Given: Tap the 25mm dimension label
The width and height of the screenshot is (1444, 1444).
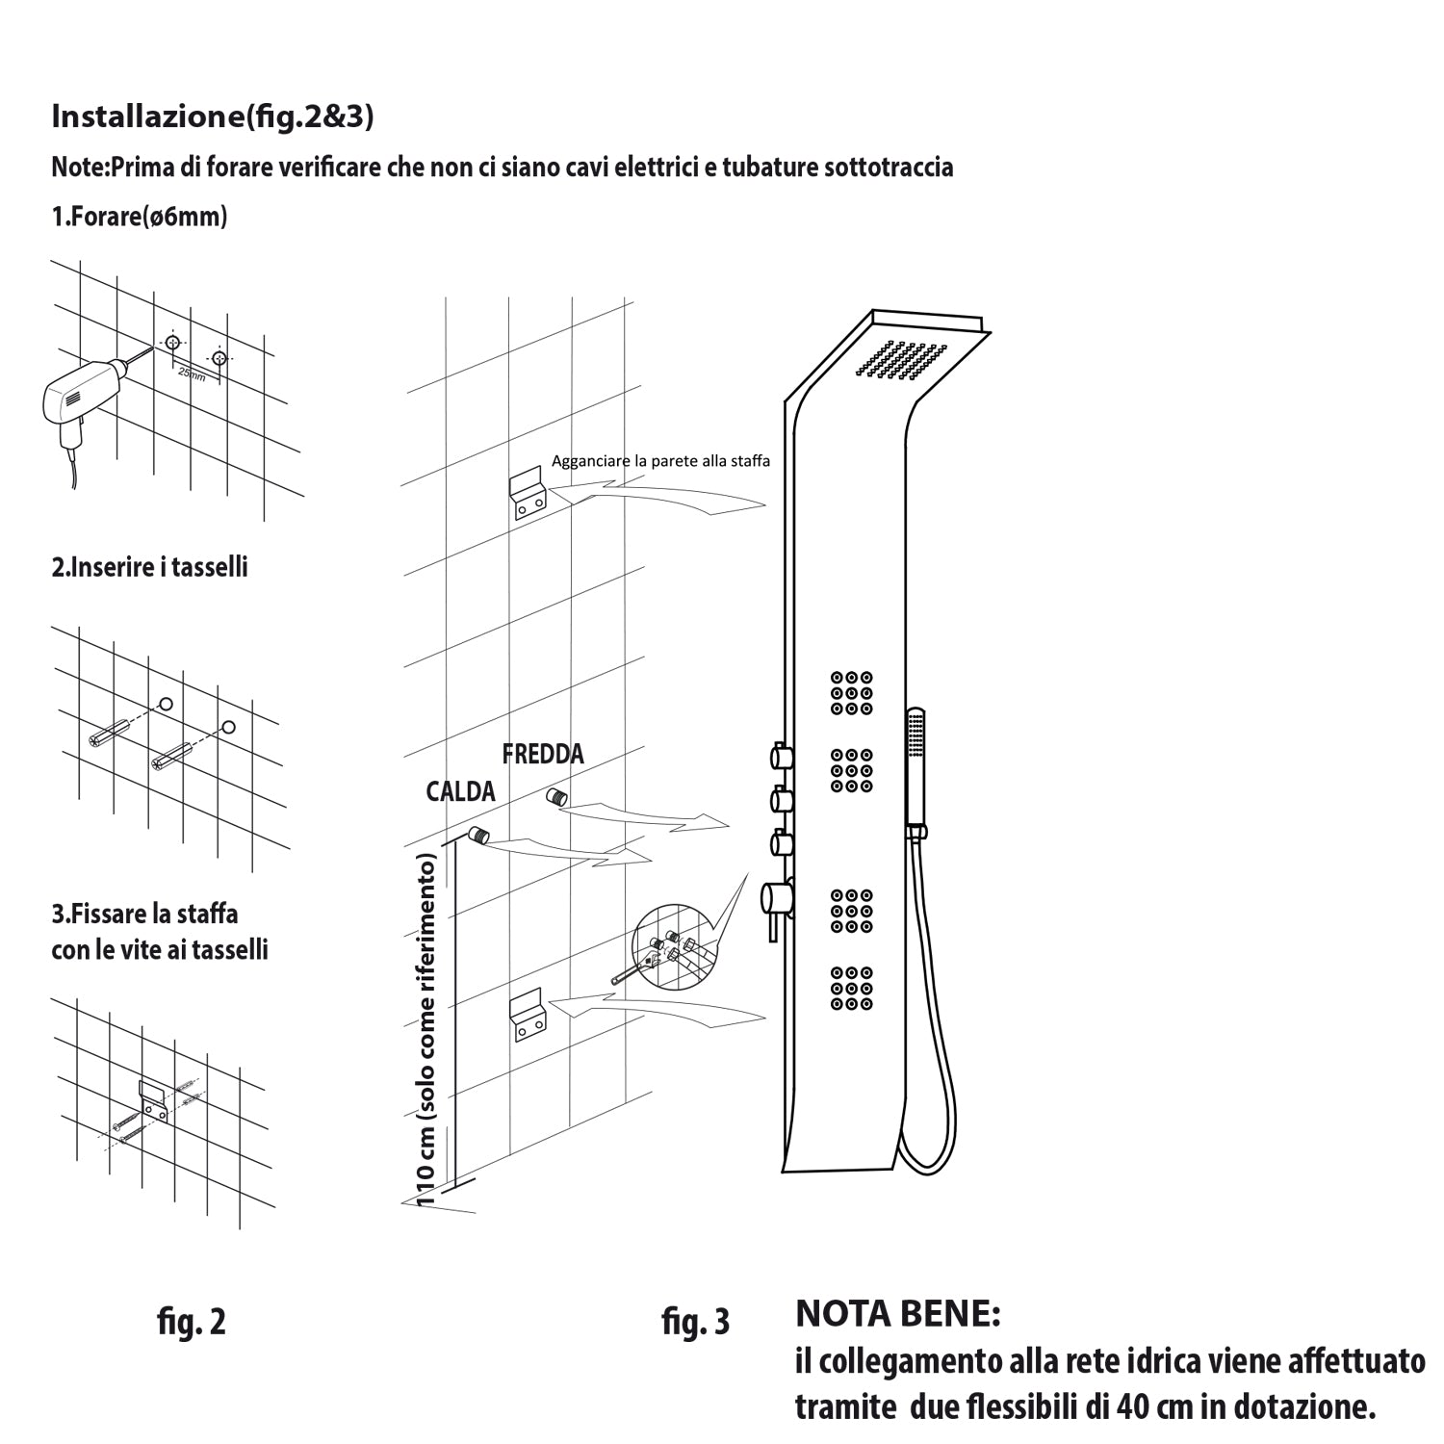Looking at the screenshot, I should click(193, 374).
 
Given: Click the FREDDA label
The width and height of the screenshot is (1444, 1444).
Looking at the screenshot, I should click(543, 754).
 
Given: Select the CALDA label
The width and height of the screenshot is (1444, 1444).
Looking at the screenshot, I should click(460, 791).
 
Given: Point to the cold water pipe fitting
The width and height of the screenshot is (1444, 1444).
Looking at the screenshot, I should click(556, 796).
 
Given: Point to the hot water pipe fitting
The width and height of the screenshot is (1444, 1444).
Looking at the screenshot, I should click(478, 835).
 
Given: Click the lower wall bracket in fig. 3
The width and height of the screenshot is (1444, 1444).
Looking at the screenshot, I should click(528, 1016).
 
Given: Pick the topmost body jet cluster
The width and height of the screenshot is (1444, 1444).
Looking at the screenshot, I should click(852, 693).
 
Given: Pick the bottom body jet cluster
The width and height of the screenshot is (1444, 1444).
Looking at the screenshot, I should click(852, 989).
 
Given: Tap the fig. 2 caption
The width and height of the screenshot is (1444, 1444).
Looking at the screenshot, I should click(192, 1322).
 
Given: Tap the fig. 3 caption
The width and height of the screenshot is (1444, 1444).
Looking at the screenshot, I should click(695, 1322).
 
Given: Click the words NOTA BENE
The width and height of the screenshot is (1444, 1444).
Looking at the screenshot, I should click(898, 1313).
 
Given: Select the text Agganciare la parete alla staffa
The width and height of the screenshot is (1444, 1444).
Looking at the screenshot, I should click(660, 461).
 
